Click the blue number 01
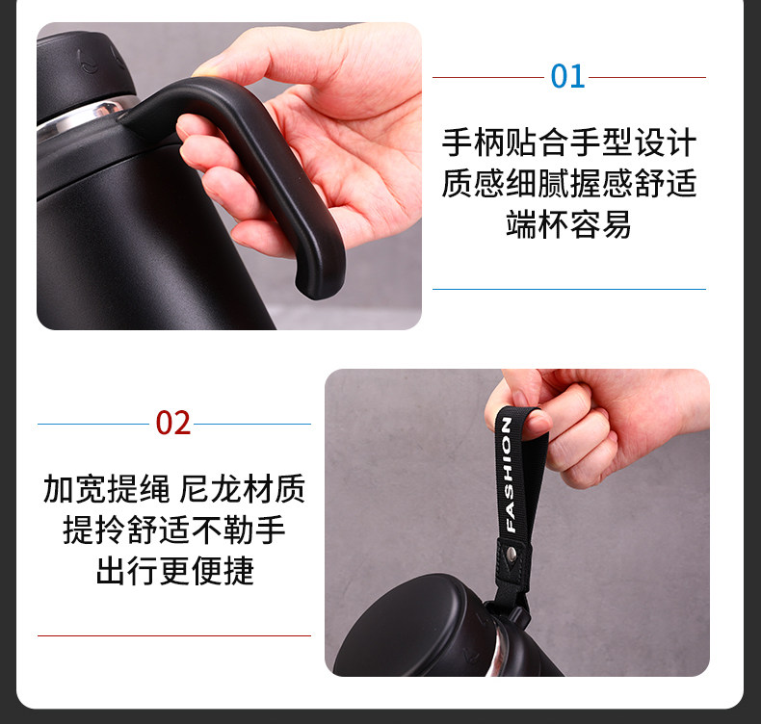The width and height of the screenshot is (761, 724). point(567,77)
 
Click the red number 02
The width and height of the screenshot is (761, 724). point(173,424)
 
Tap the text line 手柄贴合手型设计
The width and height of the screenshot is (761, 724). point(568,142)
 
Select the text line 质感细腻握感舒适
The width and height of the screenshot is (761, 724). point(568,183)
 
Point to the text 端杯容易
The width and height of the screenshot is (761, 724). point(568,224)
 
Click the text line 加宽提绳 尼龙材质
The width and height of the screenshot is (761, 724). point(174,489)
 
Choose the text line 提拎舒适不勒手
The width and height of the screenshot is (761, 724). point(174,530)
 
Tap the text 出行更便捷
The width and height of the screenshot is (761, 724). point(174,570)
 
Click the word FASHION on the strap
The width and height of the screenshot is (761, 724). point(508,475)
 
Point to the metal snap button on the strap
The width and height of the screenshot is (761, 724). point(512,552)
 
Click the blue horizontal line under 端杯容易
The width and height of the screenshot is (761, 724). point(568,290)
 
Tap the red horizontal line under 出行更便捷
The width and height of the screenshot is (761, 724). point(174,635)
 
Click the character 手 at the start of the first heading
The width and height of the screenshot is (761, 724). point(458,142)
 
